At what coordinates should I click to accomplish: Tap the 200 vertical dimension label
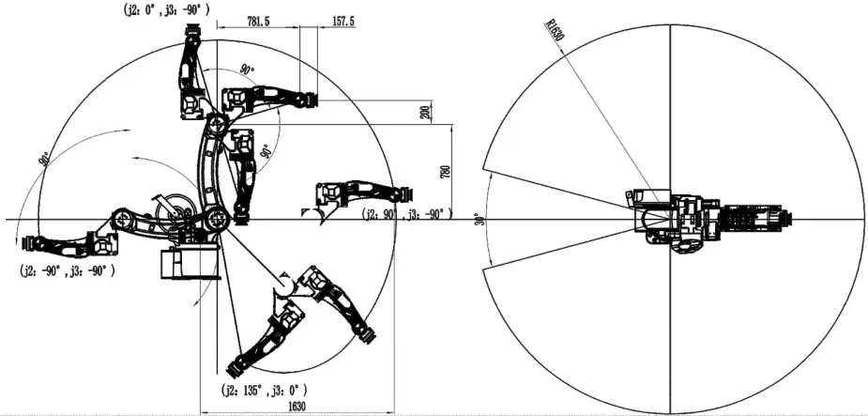pyautogui.click(x=424, y=113)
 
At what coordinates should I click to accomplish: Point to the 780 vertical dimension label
pyautogui.click(x=445, y=172)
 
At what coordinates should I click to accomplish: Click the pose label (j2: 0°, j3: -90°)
pyautogui.click(x=164, y=8)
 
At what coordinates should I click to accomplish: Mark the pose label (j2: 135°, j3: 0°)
pyautogui.click(x=264, y=388)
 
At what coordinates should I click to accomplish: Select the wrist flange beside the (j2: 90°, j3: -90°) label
pyautogui.click(x=405, y=193)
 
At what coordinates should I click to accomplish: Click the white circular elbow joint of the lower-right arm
pyautogui.click(x=283, y=282)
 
